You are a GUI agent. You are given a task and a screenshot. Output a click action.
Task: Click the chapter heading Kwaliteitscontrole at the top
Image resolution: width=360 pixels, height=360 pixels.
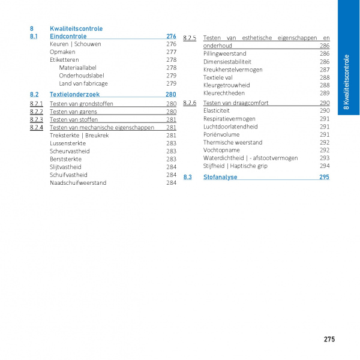(76, 28)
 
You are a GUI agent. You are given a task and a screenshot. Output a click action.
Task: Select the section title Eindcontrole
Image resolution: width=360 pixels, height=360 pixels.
(68, 37)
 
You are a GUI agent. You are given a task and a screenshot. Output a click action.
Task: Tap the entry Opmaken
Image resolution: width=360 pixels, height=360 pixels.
(62, 52)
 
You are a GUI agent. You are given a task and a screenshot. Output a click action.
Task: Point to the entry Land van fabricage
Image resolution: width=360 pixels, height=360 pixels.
(83, 83)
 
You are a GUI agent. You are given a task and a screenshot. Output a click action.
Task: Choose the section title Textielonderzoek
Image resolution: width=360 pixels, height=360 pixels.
(74, 95)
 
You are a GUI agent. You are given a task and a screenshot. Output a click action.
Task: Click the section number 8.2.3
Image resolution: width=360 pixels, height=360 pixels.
(36, 119)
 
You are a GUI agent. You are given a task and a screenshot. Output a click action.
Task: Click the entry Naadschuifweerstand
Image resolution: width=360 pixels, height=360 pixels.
(78, 182)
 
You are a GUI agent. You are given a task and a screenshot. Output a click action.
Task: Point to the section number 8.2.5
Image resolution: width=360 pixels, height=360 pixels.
(190, 38)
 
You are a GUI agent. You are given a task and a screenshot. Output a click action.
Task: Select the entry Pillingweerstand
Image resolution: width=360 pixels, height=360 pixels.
(224, 53)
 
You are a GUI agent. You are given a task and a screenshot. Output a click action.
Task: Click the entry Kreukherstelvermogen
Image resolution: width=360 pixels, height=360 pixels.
(233, 70)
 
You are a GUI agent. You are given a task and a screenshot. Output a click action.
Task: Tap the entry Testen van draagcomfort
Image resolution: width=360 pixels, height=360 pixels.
(236, 103)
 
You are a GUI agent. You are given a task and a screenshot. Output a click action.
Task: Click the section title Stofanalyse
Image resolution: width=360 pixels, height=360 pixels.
(220, 177)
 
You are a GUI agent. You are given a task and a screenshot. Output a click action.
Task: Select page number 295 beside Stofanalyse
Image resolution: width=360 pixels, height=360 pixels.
(324, 177)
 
